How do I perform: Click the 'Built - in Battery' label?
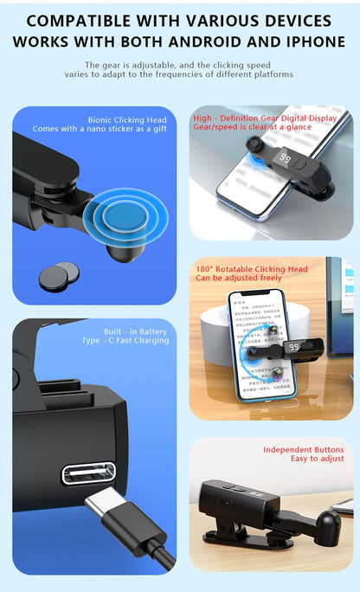(x=136, y=331)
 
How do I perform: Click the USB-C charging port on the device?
(x=88, y=473)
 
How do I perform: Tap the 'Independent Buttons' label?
(x=304, y=450)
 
